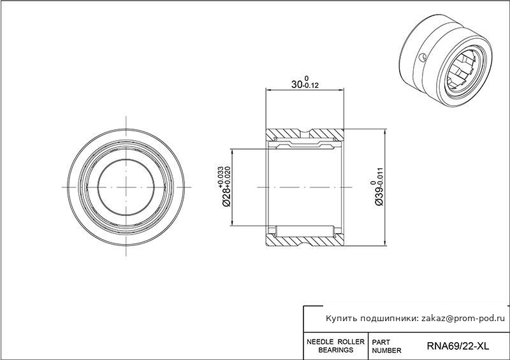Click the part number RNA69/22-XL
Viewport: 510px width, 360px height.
click(458, 346)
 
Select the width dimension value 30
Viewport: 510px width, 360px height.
click(296, 85)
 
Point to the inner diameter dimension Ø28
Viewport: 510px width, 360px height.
click(226, 196)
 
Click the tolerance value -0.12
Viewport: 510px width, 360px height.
click(310, 86)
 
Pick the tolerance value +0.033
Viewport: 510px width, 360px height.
click(221, 177)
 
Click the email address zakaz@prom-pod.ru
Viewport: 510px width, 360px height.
click(463, 319)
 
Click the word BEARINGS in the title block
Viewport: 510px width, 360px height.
click(336, 350)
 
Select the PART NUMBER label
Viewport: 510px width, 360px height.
click(386, 347)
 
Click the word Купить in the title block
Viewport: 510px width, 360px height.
click(340, 319)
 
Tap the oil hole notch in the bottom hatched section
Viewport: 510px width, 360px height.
click(305, 242)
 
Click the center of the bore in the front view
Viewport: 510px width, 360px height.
click(126, 187)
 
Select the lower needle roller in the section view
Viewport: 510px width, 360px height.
click(305, 231)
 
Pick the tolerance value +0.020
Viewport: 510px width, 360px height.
click(228, 177)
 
